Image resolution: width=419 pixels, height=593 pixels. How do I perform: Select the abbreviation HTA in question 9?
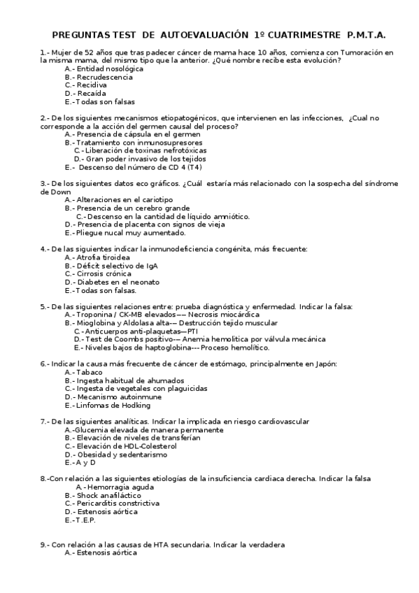tap(149, 544)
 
